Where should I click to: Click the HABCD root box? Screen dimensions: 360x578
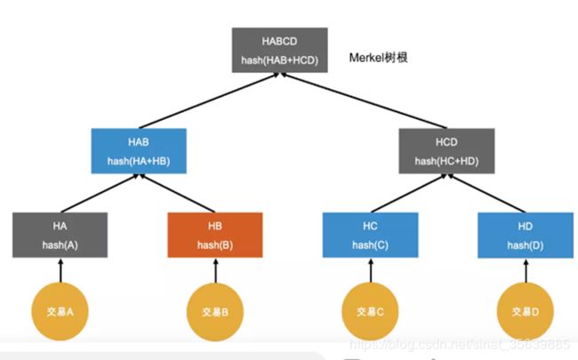click(x=278, y=51)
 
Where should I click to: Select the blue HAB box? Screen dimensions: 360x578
click(x=138, y=150)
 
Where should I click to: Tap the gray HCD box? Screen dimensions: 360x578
click(x=446, y=150)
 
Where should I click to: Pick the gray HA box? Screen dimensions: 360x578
click(x=60, y=235)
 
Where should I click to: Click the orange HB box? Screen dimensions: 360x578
click(x=215, y=235)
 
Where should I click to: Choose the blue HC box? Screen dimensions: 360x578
click(x=369, y=235)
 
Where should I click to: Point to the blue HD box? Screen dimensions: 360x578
click(x=524, y=235)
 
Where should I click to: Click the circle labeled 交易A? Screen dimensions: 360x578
click(x=60, y=311)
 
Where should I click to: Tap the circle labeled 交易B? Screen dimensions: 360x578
click(x=215, y=312)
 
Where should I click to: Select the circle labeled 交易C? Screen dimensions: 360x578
click(x=369, y=311)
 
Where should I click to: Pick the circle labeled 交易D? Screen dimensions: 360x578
click(x=524, y=311)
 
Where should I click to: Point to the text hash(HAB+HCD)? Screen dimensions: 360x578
click(x=278, y=60)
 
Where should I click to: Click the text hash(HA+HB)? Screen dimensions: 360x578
click(x=138, y=160)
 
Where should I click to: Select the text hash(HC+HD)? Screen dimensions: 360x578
click(x=446, y=160)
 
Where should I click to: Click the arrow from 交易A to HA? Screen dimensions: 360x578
click(x=60, y=270)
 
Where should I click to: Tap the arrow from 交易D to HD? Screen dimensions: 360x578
click(x=524, y=270)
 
